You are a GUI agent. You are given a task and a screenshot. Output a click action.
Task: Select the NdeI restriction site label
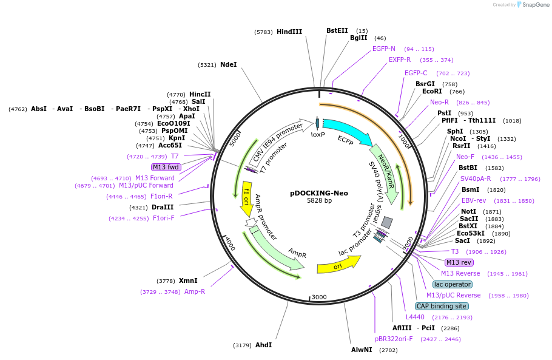[x=229, y=64]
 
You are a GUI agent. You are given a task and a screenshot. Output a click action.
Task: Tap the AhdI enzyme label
[x=263, y=345]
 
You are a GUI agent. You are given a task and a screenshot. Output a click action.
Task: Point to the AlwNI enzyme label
[x=362, y=350]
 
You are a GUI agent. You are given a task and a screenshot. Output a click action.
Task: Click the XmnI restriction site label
[x=188, y=280]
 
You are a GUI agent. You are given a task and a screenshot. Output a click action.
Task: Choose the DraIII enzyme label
[x=163, y=207]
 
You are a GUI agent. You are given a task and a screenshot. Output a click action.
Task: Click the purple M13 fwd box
[x=167, y=167]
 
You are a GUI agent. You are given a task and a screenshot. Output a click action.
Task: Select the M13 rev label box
[x=459, y=262]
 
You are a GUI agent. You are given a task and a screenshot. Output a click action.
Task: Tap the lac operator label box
[x=453, y=284]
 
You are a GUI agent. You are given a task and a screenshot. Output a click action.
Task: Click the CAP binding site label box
[x=441, y=306]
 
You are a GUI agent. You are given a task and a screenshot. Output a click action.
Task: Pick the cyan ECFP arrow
[x=348, y=133]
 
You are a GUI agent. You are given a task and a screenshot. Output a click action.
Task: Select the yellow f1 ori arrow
[x=247, y=198]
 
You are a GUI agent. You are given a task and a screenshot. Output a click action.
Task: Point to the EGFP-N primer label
[x=384, y=49]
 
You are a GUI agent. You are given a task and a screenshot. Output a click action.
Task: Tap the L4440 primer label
[x=416, y=317]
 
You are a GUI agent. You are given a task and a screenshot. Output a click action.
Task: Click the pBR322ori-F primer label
[x=394, y=339]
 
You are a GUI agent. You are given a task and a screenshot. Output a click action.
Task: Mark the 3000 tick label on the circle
[x=319, y=297]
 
